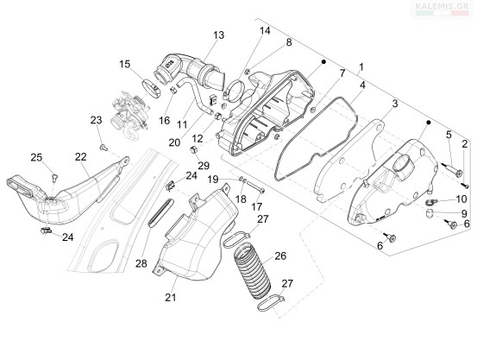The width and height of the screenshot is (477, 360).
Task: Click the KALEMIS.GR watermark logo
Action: tap(442, 9)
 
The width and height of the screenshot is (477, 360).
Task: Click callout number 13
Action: tap(218, 35)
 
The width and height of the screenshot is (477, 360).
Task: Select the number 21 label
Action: tap(171, 297)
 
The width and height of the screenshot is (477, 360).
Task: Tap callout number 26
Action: tap(280, 256)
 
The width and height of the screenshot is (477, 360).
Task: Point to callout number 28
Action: tap(141, 263)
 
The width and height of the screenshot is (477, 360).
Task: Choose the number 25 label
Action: tap(36, 157)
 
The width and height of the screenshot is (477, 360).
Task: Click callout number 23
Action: tap(96, 120)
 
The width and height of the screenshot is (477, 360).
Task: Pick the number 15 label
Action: tap(125, 64)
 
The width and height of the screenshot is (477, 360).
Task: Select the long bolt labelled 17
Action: tap(255, 187)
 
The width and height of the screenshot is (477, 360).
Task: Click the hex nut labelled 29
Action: tap(193, 150)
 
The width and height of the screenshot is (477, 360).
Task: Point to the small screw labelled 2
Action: tap(464, 184)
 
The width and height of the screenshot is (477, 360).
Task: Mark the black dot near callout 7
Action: tap(323, 61)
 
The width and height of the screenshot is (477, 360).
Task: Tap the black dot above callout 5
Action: tap(429, 123)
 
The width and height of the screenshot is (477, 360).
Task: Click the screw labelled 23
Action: tap(104, 148)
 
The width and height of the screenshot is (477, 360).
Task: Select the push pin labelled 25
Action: tap(54, 177)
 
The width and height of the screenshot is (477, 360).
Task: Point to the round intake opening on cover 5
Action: tap(404, 165)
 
